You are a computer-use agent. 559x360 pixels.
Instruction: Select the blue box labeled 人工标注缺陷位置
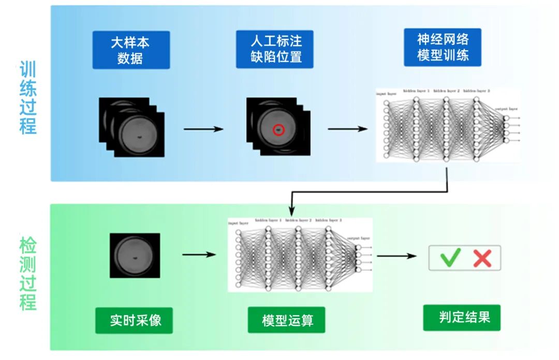pos(274,49)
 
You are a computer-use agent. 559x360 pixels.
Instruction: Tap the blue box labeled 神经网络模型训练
pos(443,47)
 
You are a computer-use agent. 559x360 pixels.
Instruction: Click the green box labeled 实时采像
pos(134,320)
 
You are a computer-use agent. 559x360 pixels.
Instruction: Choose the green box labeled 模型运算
pos(287,321)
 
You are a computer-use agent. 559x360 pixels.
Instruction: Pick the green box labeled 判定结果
pos(462,317)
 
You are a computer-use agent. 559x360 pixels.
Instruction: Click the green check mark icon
pos(450,257)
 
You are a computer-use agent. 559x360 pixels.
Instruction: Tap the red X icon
pos(482,257)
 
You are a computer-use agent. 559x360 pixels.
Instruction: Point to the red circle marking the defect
pos(278,130)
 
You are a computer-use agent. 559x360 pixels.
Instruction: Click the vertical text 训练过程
pos(28,98)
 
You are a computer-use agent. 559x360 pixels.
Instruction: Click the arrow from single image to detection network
pos(198,254)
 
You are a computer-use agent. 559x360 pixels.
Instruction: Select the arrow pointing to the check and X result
pos(396,256)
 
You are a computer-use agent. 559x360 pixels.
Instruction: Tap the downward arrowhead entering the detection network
pos(291,212)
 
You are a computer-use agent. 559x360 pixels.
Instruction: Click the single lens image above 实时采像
pos(135,255)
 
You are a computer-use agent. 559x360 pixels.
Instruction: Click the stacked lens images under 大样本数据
pos(131,127)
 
